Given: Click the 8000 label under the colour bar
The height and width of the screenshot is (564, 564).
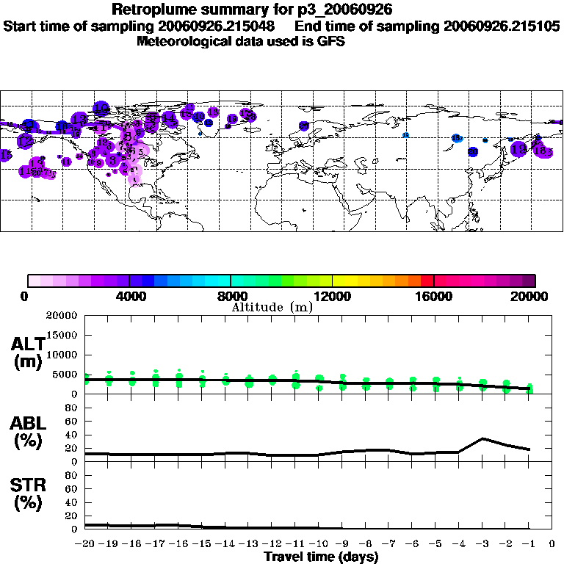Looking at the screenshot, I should (231, 296).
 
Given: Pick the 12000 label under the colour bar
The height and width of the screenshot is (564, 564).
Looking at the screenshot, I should (332, 296).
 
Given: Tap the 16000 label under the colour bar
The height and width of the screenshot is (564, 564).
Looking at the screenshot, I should (434, 296).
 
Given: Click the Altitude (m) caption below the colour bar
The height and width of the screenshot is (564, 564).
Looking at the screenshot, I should (272, 307).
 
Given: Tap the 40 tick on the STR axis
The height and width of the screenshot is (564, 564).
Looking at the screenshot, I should (72, 502).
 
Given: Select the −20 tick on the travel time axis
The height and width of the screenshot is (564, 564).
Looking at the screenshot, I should (85, 543).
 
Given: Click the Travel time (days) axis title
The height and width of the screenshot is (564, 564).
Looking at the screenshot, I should (321, 557).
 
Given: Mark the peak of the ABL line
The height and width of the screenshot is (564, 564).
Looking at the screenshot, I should (482, 438).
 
